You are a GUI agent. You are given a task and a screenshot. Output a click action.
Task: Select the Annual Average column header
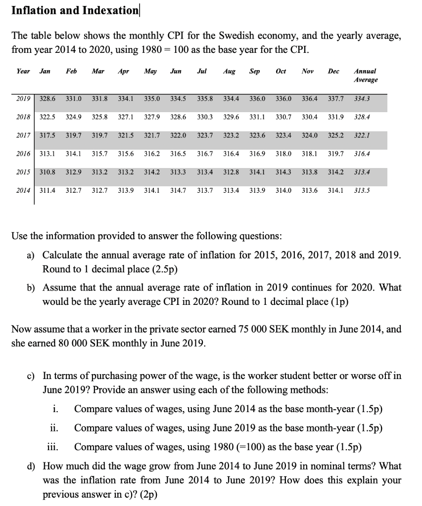pyautogui.click(x=366, y=75)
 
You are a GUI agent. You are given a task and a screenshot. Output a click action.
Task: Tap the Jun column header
pyautogui.click(x=176, y=71)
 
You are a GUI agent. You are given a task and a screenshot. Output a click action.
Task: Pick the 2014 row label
pyautogui.click(x=23, y=190)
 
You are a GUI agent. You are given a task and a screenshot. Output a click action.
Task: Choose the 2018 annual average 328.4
pyautogui.click(x=363, y=117)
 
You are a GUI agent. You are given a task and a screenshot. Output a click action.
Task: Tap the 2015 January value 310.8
pyautogui.click(x=47, y=172)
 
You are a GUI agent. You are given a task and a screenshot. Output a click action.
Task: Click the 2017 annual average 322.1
pyautogui.click(x=363, y=135)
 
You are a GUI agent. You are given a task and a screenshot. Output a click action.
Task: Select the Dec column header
pyautogui.click(x=334, y=71)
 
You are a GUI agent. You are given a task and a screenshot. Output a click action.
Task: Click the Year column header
pyautogui.click(x=23, y=71)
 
